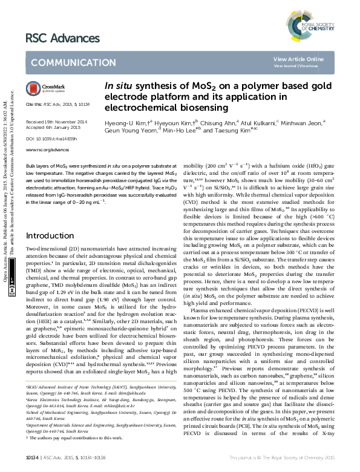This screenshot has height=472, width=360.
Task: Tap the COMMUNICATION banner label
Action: tap(65, 62)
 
